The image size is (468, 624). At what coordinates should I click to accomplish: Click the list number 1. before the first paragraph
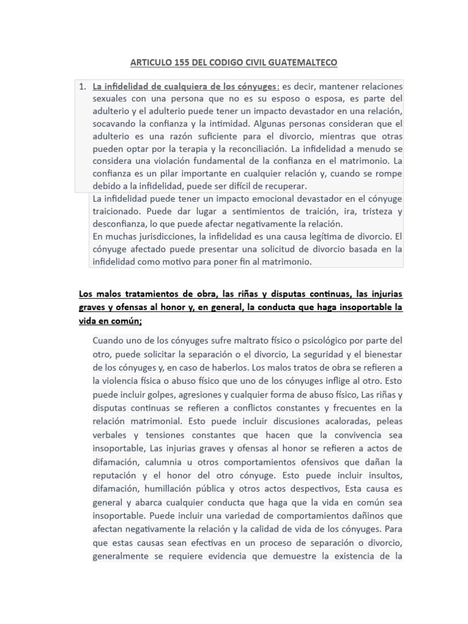tap(83, 87)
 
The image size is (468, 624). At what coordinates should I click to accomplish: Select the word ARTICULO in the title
tap(149, 63)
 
